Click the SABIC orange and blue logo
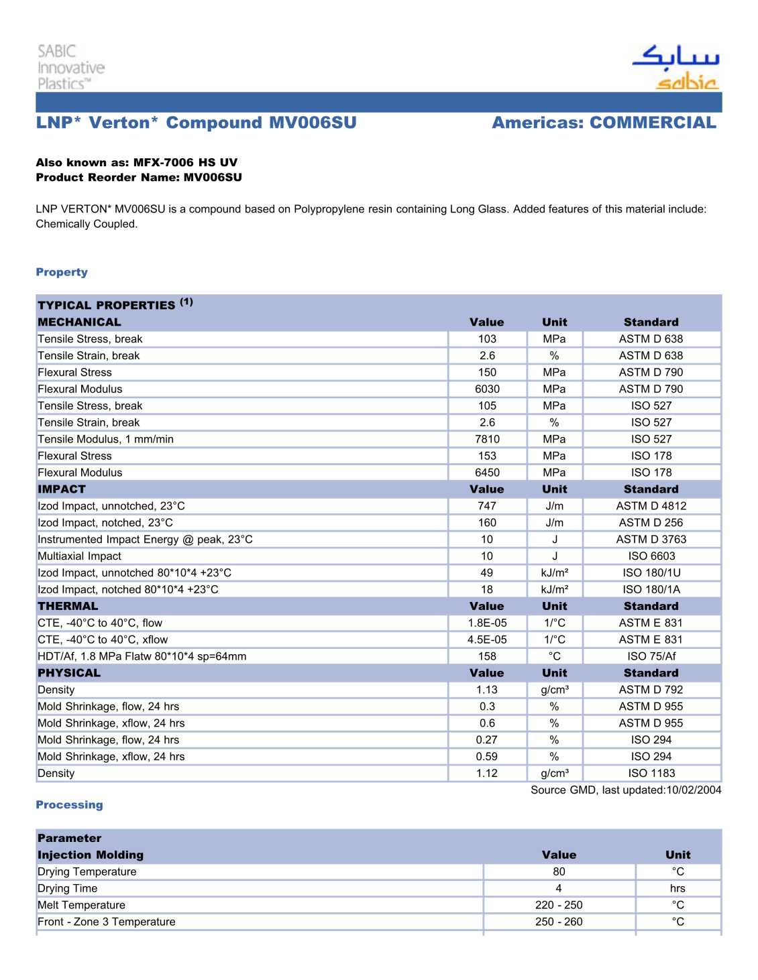pos(675,67)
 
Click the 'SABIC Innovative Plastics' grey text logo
pos(70,67)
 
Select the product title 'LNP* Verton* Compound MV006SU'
pos(196,123)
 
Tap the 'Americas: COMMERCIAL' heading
pos(604,123)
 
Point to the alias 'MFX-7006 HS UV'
pos(185,162)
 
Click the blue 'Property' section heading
pos(62,272)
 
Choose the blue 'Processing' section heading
pos(69,804)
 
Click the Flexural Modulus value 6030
pos(487,389)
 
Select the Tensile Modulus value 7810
pos(487,439)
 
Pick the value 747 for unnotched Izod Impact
pos(487,506)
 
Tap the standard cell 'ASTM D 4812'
pos(651,506)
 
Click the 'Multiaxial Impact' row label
pos(79,556)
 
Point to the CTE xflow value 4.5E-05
pos(487,639)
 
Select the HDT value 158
pos(487,656)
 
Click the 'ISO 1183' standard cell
pos(651,773)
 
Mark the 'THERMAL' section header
pos(68,606)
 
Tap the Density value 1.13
pos(487,690)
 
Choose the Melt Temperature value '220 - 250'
pos(559,905)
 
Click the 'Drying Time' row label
pos(67,888)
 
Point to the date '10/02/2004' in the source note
pos(694,790)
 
